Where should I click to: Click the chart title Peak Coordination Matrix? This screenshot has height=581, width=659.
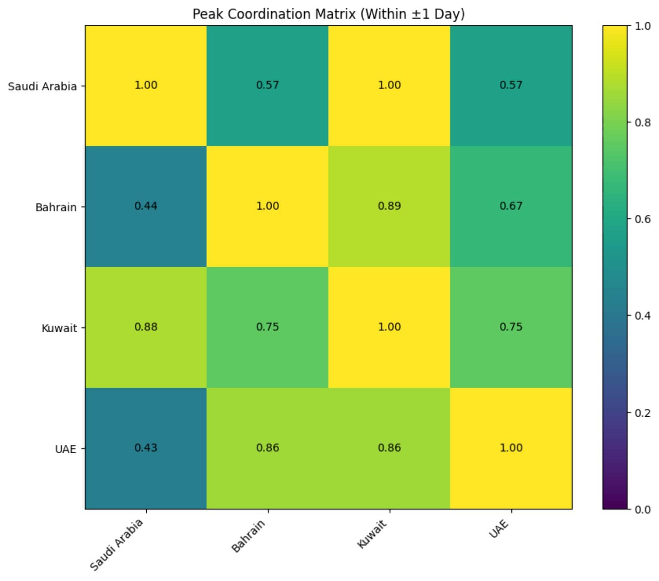(x=328, y=14)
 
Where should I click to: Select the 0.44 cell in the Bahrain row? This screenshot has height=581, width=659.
(x=146, y=206)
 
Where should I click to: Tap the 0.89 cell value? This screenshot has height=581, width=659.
(x=389, y=206)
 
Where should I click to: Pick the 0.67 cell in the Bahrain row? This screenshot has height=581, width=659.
(x=511, y=206)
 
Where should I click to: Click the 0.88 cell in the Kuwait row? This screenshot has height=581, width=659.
(x=146, y=327)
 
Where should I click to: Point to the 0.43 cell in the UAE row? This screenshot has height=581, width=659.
(x=146, y=448)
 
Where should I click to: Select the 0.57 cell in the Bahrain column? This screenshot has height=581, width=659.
(x=267, y=85)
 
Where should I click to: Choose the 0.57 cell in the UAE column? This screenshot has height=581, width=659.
(x=511, y=85)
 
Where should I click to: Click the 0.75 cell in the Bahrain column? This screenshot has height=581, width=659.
(x=267, y=327)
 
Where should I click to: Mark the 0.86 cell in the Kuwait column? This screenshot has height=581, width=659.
(x=389, y=448)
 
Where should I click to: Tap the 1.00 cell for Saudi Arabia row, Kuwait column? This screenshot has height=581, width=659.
(x=389, y=85)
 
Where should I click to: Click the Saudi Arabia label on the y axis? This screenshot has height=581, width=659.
(x=42, y=87)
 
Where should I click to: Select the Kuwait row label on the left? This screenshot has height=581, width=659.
(x=59, y=328)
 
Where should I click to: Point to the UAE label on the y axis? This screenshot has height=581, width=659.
(x=65, y=449)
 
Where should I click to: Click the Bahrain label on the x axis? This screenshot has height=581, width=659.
(x=248, y=536)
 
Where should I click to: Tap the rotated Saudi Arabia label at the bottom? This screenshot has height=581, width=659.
(x=116, y=545)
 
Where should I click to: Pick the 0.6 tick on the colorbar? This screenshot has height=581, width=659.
(x=642, y=219)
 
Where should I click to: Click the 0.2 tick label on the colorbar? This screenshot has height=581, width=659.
(x=642, y=413)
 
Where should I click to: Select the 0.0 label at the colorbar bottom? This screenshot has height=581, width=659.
(x=642, y=509)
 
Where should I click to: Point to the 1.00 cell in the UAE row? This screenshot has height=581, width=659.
(x=511, y=448)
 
